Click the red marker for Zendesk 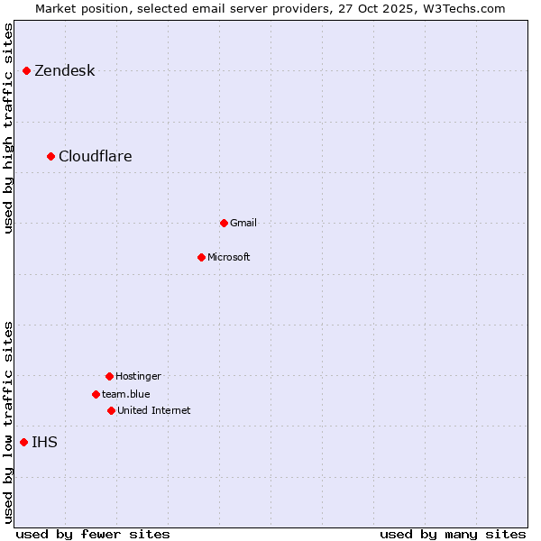click(27, 70)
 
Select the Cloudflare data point click(51, 156)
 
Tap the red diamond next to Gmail click(224, 223)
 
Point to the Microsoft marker click(201, 257)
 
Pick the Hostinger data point click(109, 376)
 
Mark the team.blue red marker click(96, 394)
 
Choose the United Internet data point click(111, 410)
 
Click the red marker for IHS click(24, 442)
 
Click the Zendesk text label click(65, 71)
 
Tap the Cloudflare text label click(96, 157)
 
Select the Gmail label click(243, 223)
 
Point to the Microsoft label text click(229, 257)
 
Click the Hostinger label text click(138, 376)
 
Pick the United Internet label click(154, 410)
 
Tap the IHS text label click(44, 442)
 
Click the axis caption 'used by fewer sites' click(93, 534)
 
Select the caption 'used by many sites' click(453, 534)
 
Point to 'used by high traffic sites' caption click(8, 128)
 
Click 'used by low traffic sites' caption click(8, 422)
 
